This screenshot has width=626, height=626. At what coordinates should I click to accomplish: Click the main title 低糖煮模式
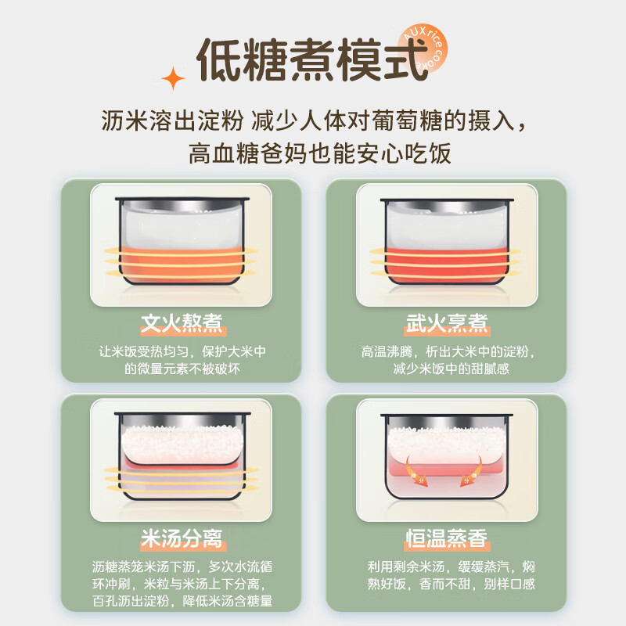(312, 60)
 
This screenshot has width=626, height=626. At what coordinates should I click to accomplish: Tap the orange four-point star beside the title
(173, 78)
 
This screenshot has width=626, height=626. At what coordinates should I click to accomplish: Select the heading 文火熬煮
(182, 323)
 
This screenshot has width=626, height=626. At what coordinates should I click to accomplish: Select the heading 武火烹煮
(447, 323)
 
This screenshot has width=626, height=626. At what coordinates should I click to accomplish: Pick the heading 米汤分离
(182, 538)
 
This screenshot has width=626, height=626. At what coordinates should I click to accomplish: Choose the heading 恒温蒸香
(447, 538)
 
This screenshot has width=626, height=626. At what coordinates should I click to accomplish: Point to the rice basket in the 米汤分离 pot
(182, 444)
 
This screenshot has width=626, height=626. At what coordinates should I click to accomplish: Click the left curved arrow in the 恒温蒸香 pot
(416, 471)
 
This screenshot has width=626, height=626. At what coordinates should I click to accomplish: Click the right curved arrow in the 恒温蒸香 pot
(471, 471)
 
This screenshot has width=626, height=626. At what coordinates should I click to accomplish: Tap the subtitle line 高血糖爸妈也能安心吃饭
(320, 153)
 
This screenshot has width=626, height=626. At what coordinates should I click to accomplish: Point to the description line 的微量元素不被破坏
(182, 369)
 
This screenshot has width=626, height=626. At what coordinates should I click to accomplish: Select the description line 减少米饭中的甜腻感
(452, 369)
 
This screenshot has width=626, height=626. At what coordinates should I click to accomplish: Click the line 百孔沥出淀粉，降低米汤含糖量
(182, 601)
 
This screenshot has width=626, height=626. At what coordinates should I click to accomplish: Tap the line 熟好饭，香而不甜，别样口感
(452, 584)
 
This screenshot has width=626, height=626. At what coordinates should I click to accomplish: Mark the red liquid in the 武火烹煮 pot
(447, 265)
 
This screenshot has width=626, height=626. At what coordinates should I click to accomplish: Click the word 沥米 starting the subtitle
(124, 121)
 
